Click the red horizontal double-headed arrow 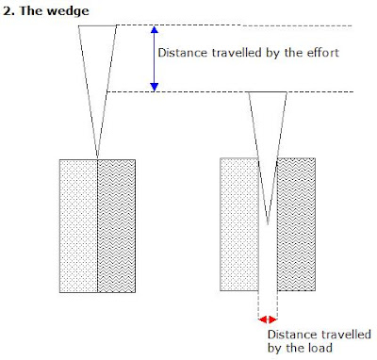coord(269,319)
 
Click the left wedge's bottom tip coord(98,157)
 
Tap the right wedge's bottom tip coord(269,224)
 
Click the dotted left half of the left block coord(78,226)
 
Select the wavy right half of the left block coord(118,226)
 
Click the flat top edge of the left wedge coord(98,25)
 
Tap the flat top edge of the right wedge coord(269,92)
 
